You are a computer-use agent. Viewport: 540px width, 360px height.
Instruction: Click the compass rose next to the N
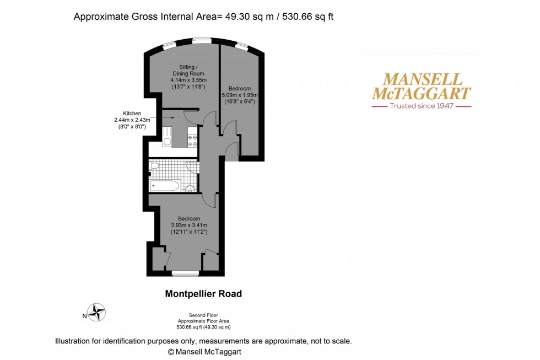coord(98,312)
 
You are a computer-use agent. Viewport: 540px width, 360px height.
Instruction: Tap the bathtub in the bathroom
coord(164,185)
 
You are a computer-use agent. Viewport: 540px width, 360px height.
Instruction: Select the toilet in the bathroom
coord(155,165)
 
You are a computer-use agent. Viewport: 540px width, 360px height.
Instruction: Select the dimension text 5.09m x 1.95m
coord(240,95)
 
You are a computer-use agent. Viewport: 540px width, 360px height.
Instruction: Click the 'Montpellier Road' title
coord(203,294)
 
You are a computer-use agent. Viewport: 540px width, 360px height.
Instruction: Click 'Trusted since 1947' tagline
coord(422,105)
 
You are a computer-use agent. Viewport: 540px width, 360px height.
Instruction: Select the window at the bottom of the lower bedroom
coord(185,273)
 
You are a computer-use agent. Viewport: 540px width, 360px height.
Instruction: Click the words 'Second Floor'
coord(203,315)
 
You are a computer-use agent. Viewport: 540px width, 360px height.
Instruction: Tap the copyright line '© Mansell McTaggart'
coord(204,351)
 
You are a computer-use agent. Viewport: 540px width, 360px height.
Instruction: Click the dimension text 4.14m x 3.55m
coord(187,80)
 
